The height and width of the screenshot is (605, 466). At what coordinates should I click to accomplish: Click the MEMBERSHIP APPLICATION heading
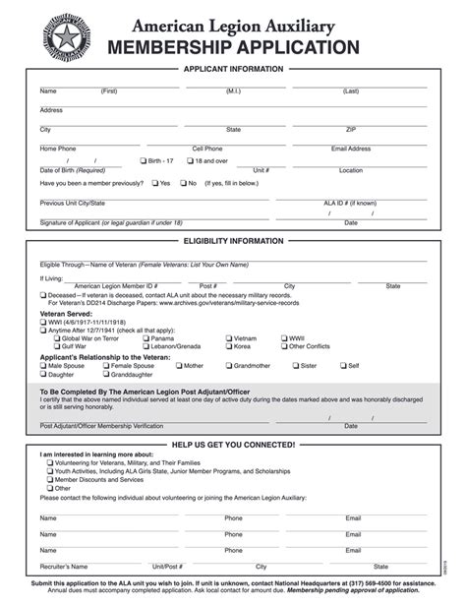pos(233,47)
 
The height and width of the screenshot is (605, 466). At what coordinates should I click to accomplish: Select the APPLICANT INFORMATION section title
pos(233,69)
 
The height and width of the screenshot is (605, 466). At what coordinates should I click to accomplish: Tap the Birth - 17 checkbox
pos(143,160)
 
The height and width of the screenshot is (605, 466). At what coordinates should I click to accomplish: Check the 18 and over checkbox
pos(190,160)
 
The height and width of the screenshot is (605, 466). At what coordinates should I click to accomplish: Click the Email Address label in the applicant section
pos(351,149)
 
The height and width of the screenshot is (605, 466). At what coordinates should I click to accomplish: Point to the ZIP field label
pos(351,130)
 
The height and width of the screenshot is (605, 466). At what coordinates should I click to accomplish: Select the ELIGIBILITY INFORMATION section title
pos(233,241)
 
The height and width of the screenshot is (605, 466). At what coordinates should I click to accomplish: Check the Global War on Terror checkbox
pos(43,338)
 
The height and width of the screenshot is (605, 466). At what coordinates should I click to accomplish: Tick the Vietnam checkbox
pos(227,338)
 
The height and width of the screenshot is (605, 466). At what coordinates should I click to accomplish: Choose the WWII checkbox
pos(283,338)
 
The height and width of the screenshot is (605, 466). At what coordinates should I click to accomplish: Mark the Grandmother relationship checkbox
pos(227,365)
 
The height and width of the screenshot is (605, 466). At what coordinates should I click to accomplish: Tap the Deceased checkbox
pos(43,294)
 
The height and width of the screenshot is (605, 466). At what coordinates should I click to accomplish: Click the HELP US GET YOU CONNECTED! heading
pos(233,445)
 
